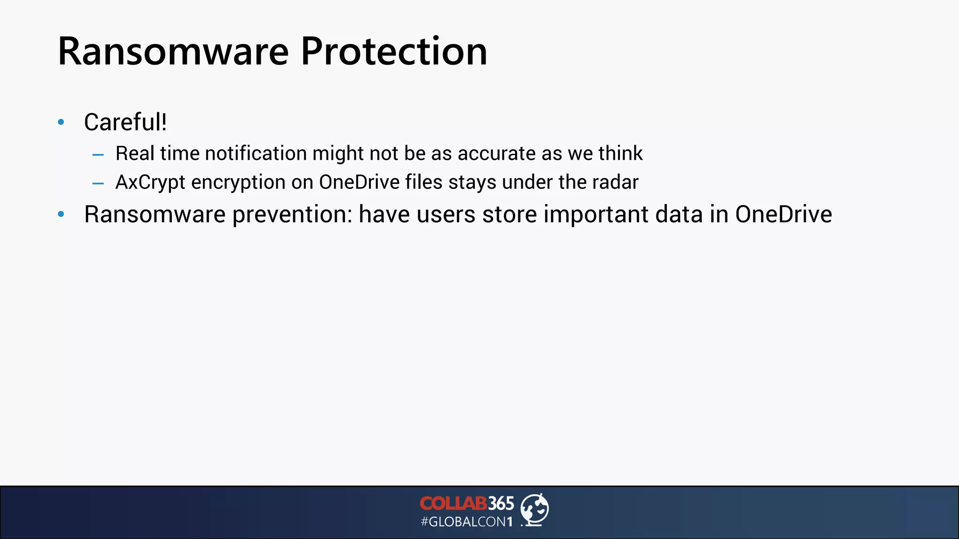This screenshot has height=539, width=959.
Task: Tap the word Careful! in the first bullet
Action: pos(125,122)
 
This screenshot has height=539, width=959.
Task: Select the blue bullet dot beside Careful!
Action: pos(61,123)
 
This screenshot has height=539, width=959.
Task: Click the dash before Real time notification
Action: pos(98,154)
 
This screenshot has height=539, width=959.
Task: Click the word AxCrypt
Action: pos(150,182)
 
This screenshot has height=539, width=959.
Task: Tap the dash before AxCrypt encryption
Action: pos(98,183)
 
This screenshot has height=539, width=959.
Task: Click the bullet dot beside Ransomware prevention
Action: pos(61,214)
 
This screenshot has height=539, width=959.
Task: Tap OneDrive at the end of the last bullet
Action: pos(783,214)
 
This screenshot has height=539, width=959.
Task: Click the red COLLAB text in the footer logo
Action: pos(453,503)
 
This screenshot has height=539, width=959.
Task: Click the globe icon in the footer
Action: pos(535,509)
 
